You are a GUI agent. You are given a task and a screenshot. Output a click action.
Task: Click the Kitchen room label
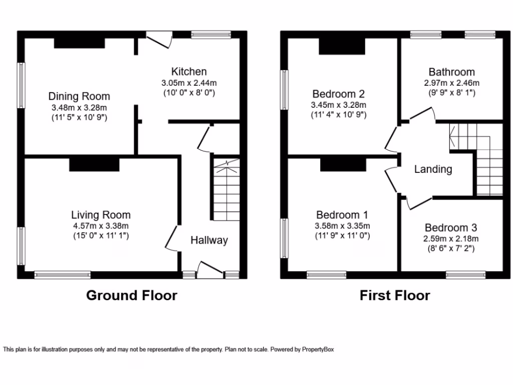point(189,72)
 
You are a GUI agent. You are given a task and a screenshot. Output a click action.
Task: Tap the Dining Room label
point(79,96)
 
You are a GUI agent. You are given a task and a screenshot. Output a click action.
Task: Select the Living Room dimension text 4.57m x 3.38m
point(101,226)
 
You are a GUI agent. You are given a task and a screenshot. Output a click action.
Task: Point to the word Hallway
point(209,240)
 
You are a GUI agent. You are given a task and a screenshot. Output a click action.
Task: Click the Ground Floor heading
point(132,295)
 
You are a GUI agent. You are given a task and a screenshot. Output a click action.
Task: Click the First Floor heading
point(395,295)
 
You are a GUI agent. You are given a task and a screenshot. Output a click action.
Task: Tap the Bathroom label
point(451,72)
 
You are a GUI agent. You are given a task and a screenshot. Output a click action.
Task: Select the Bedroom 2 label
point(338,94)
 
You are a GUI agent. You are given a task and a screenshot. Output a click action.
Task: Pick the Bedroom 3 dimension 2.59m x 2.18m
point(451,239)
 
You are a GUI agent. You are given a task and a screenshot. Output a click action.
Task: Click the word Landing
point(433,169)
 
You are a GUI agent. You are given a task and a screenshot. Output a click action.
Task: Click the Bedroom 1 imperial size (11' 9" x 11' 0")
point(342,236)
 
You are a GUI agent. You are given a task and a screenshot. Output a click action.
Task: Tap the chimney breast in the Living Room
point(94,164)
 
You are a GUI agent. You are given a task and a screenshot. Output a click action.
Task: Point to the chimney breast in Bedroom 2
point(342,47)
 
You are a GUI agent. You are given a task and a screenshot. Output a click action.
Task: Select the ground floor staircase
point(226,190)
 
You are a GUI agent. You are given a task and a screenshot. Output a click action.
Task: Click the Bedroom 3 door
point(419,203)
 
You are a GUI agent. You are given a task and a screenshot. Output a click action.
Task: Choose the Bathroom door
point(422,114)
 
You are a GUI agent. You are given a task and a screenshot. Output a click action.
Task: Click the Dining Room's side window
point(21,85)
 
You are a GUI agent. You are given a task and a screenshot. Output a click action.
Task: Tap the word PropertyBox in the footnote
point(318,349)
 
